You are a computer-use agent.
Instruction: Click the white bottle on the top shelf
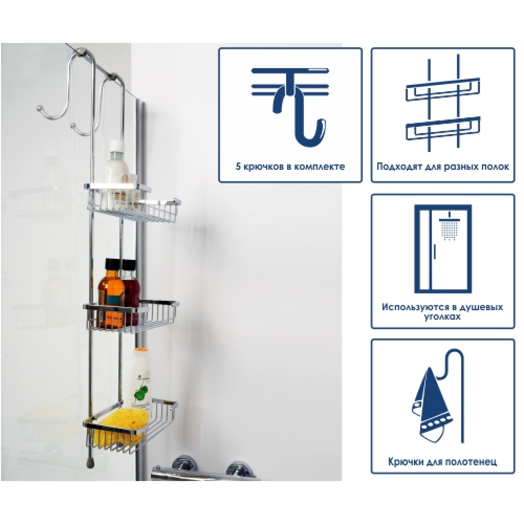coord(115,174)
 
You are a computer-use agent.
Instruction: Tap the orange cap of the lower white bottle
coord(141,351)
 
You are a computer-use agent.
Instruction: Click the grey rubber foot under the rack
coord(90,463)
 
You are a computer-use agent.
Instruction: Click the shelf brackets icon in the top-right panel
coord(443,105)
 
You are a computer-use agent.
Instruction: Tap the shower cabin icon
coord(443,248)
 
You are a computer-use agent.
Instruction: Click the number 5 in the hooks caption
coord(238,167)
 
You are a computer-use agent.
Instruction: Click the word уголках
coord(442,316)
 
